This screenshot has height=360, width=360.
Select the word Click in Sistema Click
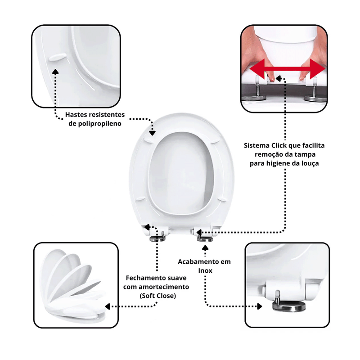point(279,145)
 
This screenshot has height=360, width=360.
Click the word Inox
point(205,271)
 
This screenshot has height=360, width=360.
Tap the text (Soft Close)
point(158,296)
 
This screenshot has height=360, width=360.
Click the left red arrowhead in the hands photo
point(257,69)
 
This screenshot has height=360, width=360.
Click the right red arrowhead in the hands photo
point(318,69)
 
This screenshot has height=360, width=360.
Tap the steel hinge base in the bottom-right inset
point(289,306)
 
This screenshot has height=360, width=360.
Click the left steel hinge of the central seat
point(157,238)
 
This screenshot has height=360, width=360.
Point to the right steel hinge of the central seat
point(205,239)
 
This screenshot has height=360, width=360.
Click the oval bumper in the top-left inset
point(58,57)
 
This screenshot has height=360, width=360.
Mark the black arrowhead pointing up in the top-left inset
point(55,72)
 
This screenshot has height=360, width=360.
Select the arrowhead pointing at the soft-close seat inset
point(108,306)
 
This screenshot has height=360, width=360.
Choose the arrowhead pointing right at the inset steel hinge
point(260,306)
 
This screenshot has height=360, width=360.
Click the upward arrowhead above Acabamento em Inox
point(205,248)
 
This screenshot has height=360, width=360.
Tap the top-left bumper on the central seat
point(150,139)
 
